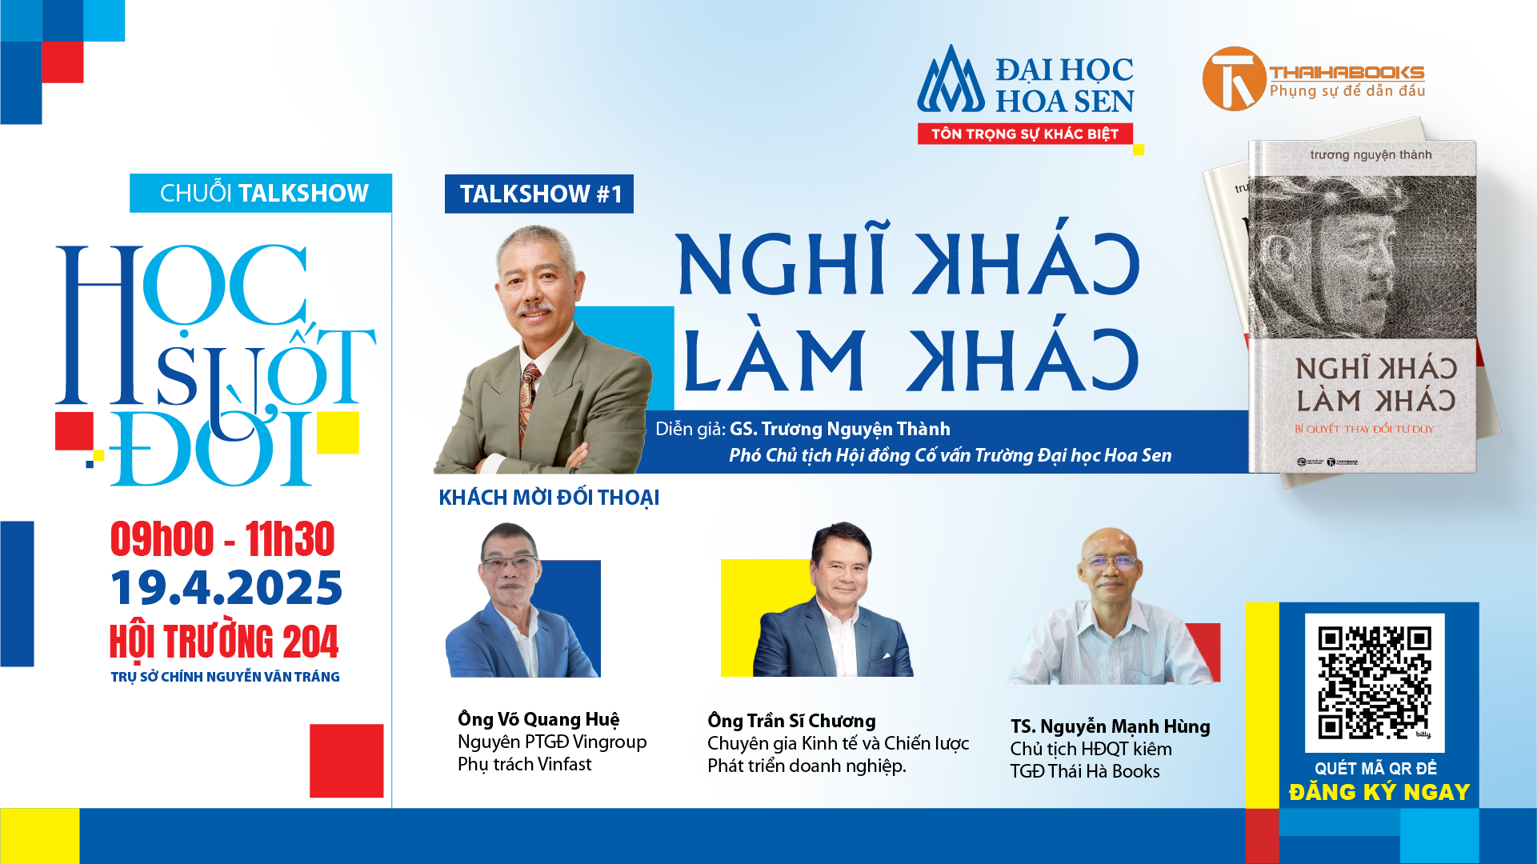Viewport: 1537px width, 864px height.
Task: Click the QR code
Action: point(1374,682)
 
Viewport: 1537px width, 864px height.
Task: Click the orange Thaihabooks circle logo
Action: point(1233,78)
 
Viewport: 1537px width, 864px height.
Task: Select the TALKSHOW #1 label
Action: point(539,194)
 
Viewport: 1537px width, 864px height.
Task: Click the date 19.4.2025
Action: point(226,588)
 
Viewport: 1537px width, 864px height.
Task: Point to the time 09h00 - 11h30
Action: point(222,538)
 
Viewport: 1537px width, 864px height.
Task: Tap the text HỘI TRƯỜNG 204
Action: point(224,641)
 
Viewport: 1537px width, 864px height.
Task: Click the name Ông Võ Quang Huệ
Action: point(538,719)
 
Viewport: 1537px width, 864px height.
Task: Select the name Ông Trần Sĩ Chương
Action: point(791,721)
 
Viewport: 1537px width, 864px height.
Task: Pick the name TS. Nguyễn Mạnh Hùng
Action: point(1110,726)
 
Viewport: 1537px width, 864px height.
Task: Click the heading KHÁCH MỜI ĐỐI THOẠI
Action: point(549,498)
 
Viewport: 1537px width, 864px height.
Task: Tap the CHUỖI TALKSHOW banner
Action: point(261,193)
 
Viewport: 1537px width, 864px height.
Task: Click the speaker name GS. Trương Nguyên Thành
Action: point(840,430)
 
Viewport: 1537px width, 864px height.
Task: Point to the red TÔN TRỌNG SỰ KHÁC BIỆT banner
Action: point(1025,134)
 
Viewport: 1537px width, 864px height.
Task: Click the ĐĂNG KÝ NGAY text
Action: point(1379,792)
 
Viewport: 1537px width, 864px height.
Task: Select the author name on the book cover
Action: point(1371,154)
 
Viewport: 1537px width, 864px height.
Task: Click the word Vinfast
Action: point(565,765)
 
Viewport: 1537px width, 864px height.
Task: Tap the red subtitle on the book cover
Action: point(1364,429)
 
